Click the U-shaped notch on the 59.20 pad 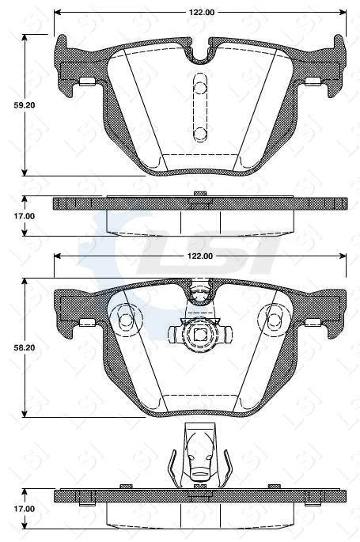pos(199,54)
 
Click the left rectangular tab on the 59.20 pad pos(86,81)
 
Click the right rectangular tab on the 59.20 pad pos(313,81)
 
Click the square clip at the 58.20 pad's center pos(199,335)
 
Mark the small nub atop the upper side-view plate pos(199,193)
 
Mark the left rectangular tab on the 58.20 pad pos(86,322)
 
